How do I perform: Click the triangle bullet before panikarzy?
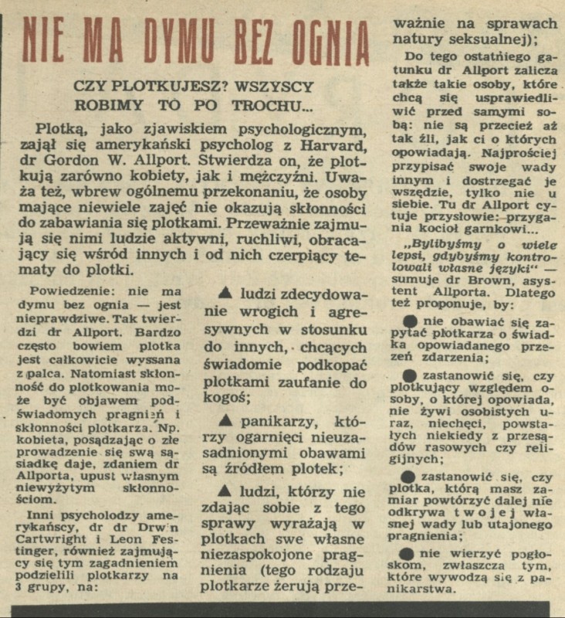(x=226, y=423)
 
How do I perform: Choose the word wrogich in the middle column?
(x=255, y=317)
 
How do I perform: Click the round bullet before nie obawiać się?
(x=411, y=320)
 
